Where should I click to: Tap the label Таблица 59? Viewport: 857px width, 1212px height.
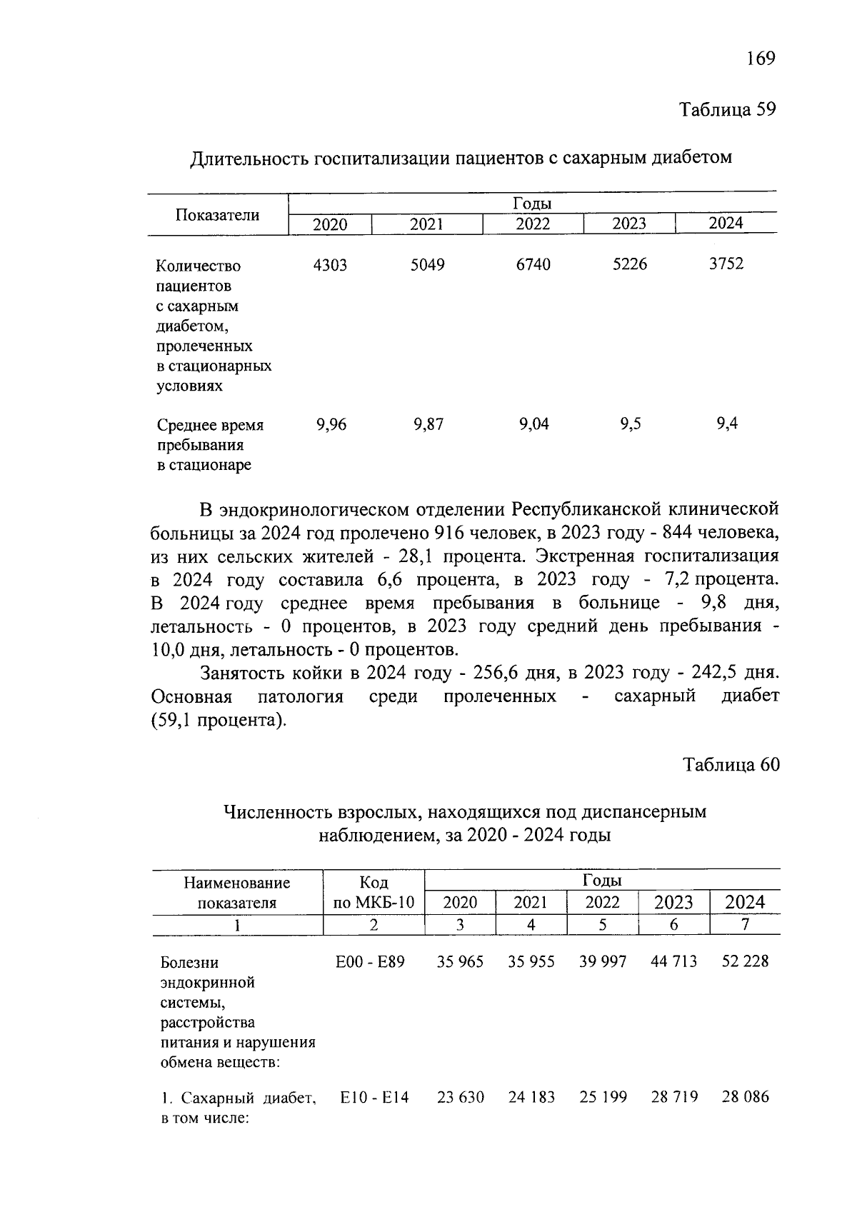click(727, 110)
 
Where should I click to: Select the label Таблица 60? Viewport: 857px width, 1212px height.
click(731, 765)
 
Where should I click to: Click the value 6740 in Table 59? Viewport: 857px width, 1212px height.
click(533, 265)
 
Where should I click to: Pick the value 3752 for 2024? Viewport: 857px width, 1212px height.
click(726, 264)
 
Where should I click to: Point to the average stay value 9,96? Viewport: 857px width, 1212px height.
click(331, 425)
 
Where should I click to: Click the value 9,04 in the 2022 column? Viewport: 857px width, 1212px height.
click(533, 425)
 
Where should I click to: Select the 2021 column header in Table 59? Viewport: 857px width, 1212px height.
click(426, 224)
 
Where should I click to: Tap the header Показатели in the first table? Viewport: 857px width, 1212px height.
click(218, 215)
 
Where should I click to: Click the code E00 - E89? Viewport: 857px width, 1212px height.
click(370, 962)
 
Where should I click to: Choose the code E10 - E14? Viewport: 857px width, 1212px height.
click(374, 1097)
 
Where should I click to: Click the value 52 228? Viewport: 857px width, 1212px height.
click(745, 962)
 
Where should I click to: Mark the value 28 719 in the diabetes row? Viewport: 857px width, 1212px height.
click(673, 1097)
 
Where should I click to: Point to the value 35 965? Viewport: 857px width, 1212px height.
click(460, 962)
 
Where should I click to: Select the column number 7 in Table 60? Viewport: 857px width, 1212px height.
click(745, 924)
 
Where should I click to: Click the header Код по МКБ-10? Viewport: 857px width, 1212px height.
click(374, 892)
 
